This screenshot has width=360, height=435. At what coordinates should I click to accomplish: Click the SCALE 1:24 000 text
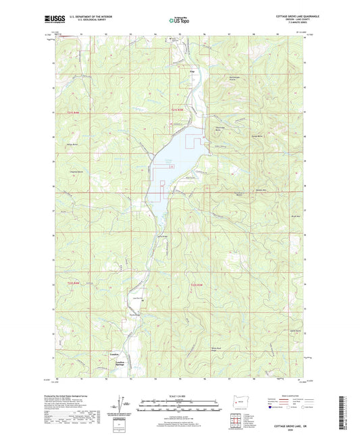pyautogui.click(x=180, y=396)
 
